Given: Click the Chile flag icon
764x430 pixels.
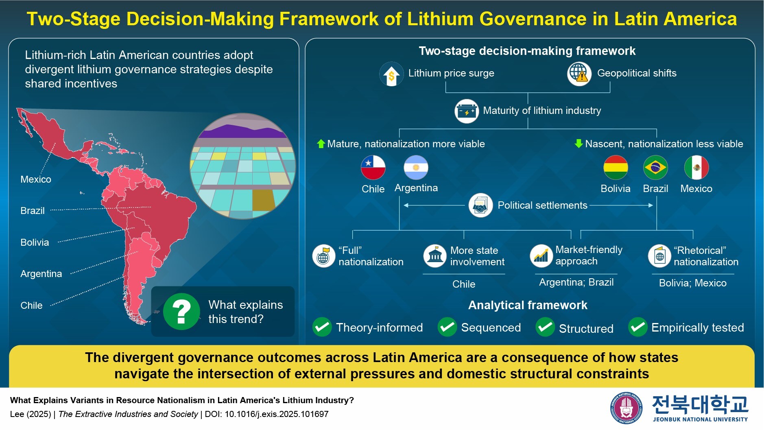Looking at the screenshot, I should (x=373, y=167).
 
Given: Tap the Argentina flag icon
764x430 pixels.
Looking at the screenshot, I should (x=416, y=167).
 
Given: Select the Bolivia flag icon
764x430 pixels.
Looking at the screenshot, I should (x=615, y=167).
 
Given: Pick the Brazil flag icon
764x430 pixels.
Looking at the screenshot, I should (x=655, y=167).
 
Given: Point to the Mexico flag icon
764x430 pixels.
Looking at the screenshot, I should (x=696, y=167).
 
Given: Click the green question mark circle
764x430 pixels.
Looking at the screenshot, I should (x=181, y=311).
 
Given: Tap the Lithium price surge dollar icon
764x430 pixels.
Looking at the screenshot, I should (x=391, y=74).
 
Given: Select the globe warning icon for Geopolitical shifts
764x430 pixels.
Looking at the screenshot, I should (x=579, y=74).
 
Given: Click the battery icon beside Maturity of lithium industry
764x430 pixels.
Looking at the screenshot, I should (x=466, y=111).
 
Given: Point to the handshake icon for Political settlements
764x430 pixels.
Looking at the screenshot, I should (x=480, y=205).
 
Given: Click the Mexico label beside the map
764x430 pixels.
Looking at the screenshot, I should (x=36, y=179).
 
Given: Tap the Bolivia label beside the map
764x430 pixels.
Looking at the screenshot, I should (x=35, y=242).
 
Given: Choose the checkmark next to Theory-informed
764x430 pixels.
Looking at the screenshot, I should (x=322, y=327).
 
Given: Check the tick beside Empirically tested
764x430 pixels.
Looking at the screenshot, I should (x=637, y=327).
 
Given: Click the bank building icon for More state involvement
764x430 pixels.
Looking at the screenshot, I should (x=435, y=255).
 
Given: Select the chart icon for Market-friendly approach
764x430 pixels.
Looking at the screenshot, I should (x=541, y=255).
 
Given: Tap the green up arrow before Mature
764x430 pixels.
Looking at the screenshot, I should (x=321, y=144).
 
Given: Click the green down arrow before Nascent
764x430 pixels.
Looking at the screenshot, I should (x=578, y=143).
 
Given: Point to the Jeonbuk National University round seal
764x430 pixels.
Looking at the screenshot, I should (x=626, y=408).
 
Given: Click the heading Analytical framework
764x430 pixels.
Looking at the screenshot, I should (x=528, y=305).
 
